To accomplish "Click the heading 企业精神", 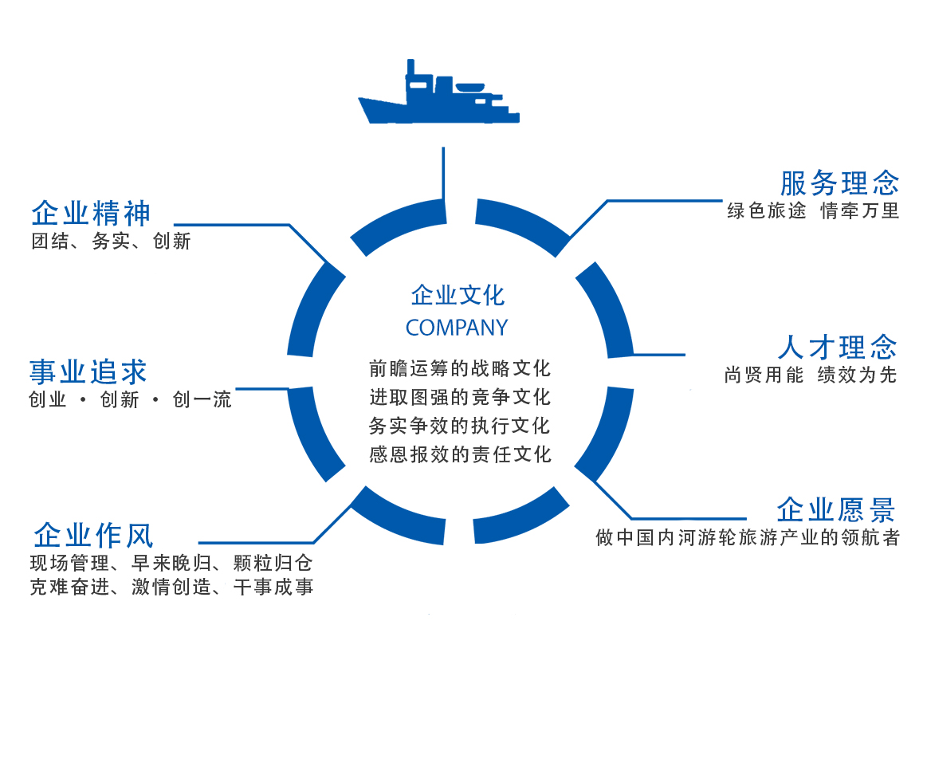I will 91,214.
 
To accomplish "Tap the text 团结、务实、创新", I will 111,242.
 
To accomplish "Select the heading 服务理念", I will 839,183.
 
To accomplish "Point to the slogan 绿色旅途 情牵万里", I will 813,211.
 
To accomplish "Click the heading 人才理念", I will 837,348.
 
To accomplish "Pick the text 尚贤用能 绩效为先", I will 811,375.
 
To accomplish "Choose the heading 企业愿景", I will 836,509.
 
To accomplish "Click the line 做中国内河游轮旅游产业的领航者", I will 748,538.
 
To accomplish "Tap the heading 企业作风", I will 93,534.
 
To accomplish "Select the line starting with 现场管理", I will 171,564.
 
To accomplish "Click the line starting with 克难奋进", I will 171,588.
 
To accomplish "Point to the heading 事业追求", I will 88,371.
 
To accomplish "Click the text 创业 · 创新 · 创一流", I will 130,400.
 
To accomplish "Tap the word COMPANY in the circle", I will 457,328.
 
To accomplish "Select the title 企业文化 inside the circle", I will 458,296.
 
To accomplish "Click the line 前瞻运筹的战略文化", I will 460,368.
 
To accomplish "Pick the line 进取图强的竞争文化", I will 460,397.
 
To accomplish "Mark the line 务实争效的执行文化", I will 460,426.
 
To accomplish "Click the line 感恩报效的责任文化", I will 460,454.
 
